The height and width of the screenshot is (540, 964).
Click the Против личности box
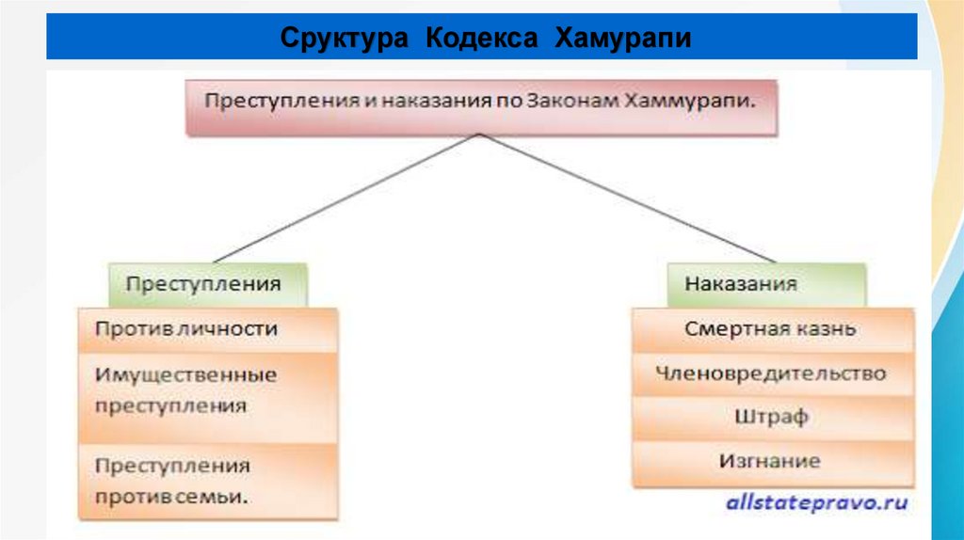coord(207,329)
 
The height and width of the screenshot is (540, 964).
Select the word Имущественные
coord(185,374)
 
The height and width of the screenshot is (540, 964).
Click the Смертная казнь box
coord(770,329)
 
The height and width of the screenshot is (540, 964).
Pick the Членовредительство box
coord(770,373)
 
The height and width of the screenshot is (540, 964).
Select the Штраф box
coord(770,417)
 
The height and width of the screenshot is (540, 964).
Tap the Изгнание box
coord(770,461)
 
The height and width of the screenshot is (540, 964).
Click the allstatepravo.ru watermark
coord(816,503)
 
